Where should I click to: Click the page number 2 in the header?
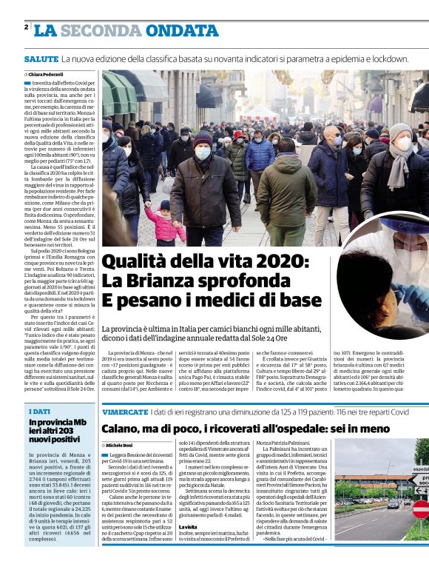click(x=26, y=27)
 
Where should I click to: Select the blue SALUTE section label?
click(x=41, y=58)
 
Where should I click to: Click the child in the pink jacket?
click(x=164, y=224)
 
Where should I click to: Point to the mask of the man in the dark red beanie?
click(x=203, y=153)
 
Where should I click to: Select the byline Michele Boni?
click(x=122, y=445)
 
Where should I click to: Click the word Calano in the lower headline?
click(x=129, y=429)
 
